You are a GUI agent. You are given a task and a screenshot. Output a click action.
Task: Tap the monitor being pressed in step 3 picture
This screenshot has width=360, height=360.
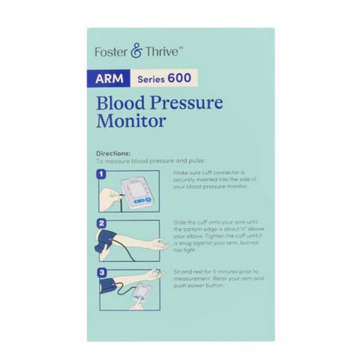139,296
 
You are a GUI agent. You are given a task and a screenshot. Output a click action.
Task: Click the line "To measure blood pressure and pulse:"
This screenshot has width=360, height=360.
142,160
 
